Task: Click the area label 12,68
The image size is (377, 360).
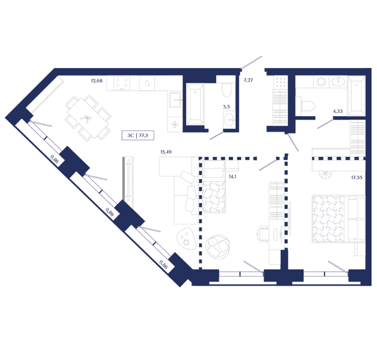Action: pos(97,81)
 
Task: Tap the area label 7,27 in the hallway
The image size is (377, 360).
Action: pos(248,80)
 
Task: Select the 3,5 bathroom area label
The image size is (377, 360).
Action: pos(226,107)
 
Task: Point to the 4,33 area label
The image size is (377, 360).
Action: pos(337,111)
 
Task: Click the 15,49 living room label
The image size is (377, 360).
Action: pos(166,152)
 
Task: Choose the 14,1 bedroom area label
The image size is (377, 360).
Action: pos(232,176)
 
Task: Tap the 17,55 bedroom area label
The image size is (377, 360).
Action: pos(356,178)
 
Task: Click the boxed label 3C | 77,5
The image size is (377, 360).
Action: pos(138,136)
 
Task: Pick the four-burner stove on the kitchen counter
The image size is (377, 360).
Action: pos(122,83)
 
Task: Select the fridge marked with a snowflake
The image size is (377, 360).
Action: pos(175,124)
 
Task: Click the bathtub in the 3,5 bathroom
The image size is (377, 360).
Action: pos(195,104)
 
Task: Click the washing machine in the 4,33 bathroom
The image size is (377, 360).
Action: pos(321,82)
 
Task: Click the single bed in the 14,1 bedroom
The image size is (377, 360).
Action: pos(214,187)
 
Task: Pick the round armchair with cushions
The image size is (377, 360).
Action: pos(218,246)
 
